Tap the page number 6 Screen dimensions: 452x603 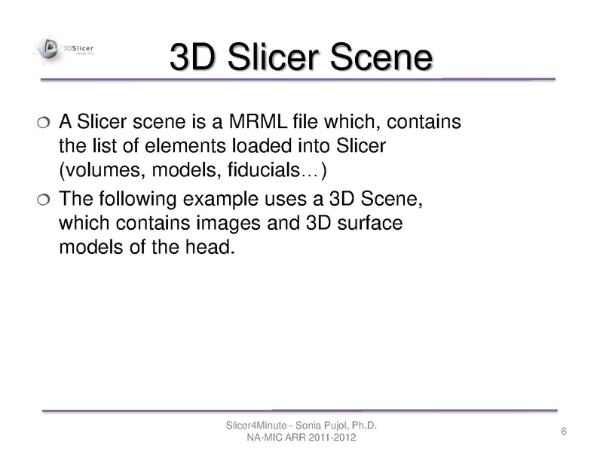[564, 432]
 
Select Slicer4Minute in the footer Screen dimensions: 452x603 [254, 426]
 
